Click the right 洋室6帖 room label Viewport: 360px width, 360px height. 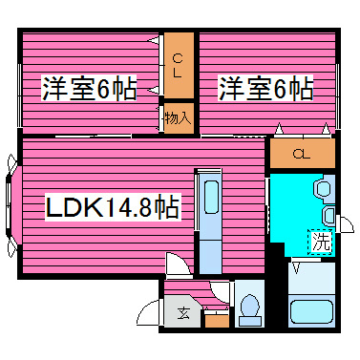point(265,89)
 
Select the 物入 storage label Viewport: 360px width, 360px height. point(177,118)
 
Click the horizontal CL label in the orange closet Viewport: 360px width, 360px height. point(301,153)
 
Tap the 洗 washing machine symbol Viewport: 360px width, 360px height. point(322,242)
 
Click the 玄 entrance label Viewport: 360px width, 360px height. point(181,312)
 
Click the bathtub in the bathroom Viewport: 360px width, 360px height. point(311,313)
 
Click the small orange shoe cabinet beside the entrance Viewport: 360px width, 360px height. point(217,319)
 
